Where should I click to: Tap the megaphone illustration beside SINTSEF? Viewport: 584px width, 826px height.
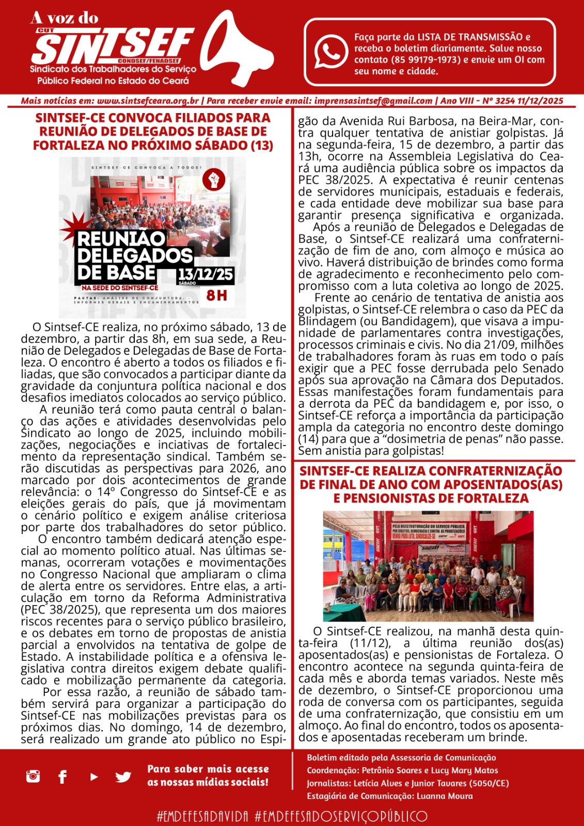pos(239,49)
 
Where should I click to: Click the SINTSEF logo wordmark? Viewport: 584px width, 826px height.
pos(114,46)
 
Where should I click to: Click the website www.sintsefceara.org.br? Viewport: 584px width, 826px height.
pos(148,101)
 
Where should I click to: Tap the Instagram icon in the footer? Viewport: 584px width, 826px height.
pos(33,775)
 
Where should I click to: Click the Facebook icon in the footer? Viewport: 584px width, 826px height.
pos(62,776)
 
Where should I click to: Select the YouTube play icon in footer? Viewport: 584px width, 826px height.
pos(94,776)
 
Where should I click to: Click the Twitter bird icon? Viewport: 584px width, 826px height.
pos(123,776)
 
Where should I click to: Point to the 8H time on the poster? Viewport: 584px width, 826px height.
pos(216,295)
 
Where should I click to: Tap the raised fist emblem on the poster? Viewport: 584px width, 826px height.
pos(213,179)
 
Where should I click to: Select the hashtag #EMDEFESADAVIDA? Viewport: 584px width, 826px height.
pos(202,816)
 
